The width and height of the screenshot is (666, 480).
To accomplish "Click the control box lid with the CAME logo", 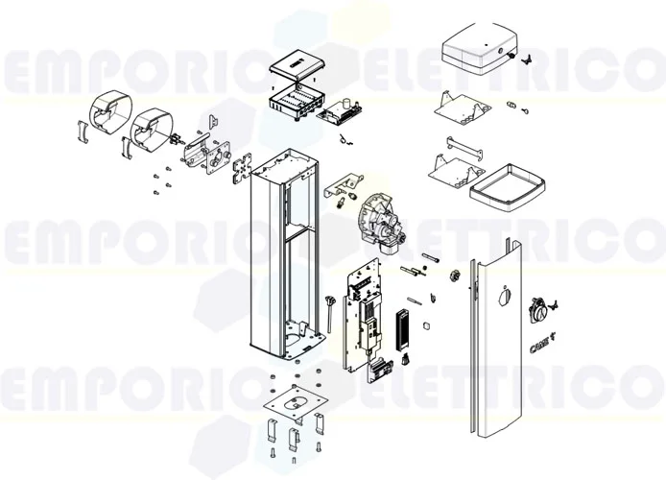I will click(295, 68).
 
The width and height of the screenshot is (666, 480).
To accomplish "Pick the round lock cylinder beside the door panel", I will click(540, 310).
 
